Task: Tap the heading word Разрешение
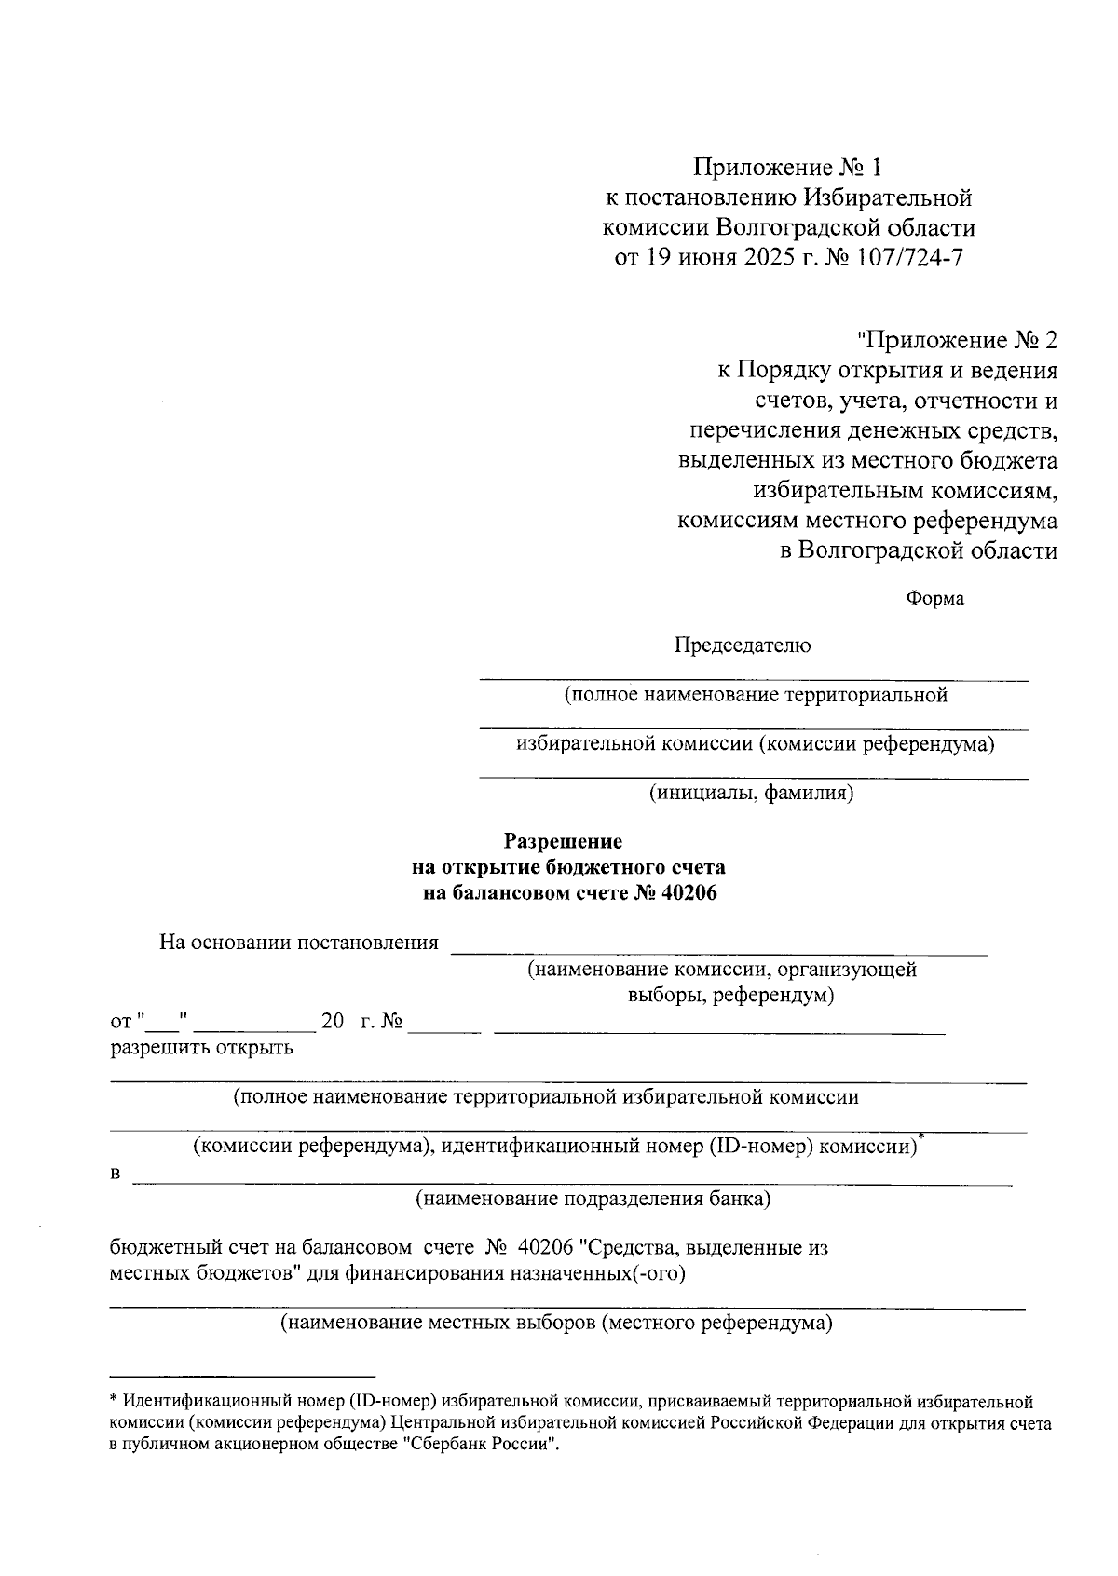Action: click(x=563, y=841)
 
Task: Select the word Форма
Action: click(x=934, y=599)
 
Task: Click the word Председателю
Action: click(x=743, y=645)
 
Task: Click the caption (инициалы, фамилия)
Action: click(x=752, y=794)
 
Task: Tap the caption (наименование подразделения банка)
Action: click(x=593, y=1198)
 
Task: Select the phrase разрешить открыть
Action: click(x=202, y=1048)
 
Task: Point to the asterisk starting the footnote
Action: click(x=114, y=1400)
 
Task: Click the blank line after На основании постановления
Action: click(x=718, y=952)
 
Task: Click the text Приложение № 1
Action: click(x=786, y=168)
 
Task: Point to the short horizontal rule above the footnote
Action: click(x=242, y=1376)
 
